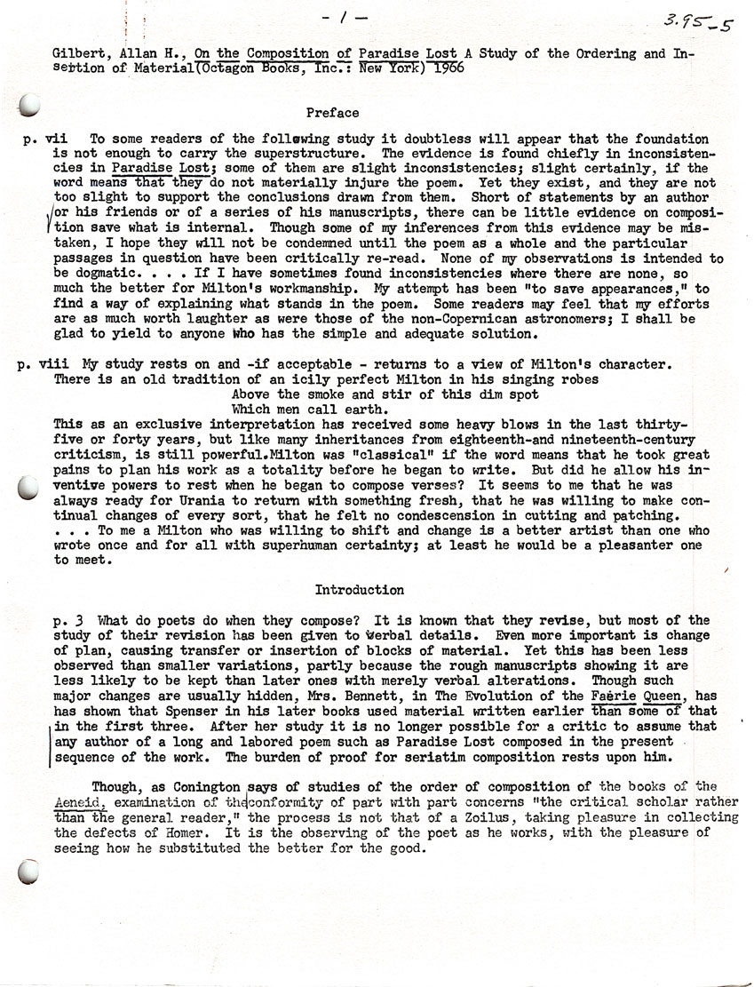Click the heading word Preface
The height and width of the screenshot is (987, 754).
(x=332, y=113)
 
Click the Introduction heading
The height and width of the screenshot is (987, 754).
(x=360, y=590)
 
